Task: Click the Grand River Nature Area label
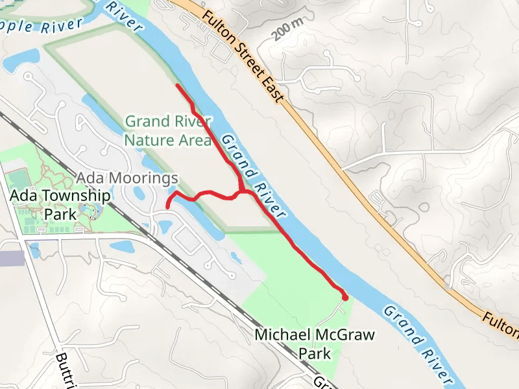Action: pos(168,130)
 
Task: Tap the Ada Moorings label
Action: pos(127,178)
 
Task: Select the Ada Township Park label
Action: pos(59,204)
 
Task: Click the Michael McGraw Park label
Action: pos(315,344)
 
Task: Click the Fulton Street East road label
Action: pos(243,56)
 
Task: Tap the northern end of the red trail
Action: pos(178,85)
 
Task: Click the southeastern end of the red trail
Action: pos(345,298)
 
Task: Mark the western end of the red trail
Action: pos(168,207)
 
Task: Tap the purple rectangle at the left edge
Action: pos(12,258)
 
